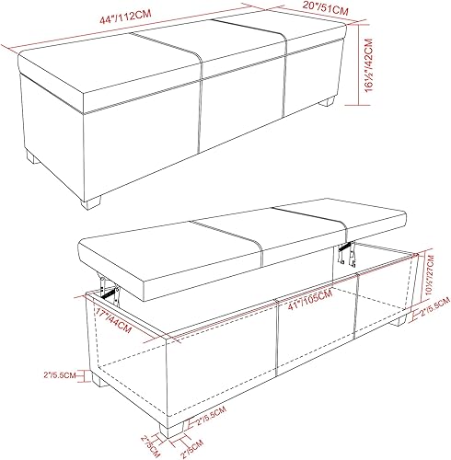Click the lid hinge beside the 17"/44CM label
(110, 293)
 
